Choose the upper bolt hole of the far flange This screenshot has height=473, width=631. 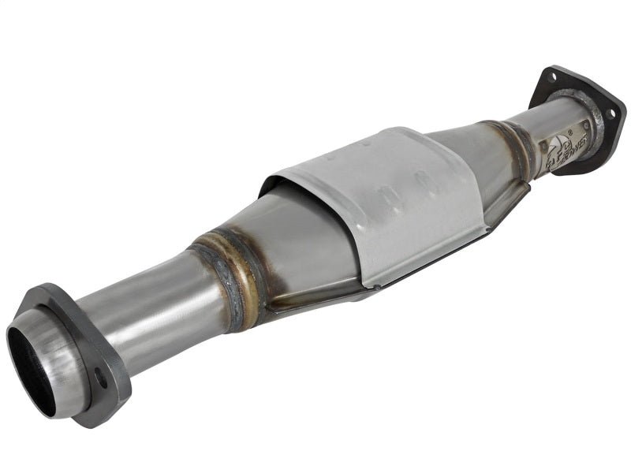[x=552, y=76]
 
